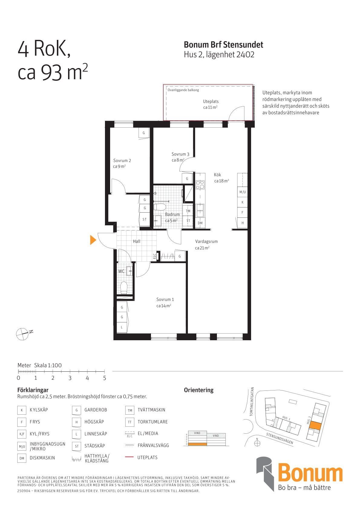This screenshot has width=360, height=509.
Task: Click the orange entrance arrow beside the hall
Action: (93, 240)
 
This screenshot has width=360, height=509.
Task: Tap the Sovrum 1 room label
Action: (165, 299)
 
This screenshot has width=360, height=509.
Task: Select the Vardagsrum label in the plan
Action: (206, 241)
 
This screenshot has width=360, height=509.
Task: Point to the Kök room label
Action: (218, 175)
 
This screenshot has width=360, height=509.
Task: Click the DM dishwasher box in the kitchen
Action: (200, 223)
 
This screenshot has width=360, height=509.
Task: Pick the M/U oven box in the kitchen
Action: (243, 192)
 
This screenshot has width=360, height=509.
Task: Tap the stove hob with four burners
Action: (200, 185)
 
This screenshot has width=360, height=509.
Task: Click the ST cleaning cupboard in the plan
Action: (145, 219)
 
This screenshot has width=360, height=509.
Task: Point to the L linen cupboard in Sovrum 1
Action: (122, 327)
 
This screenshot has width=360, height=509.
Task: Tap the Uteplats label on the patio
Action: (211, 102)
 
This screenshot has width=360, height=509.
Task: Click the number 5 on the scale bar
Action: (105, 378)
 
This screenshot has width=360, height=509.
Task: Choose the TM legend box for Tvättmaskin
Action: (130, 410)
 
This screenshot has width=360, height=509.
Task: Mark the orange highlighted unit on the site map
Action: (316, 426)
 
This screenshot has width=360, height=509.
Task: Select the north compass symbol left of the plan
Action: (22, 334)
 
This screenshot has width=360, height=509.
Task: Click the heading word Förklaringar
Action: (33, 390)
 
